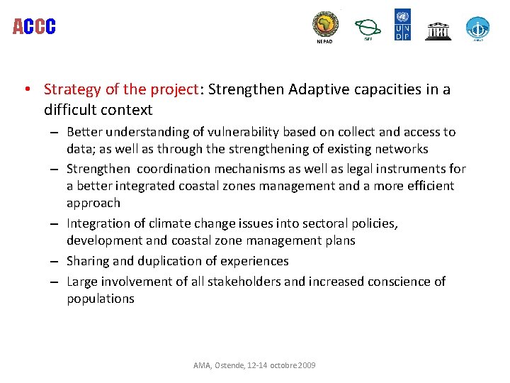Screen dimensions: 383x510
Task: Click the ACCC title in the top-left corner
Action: click(x=34, y=27)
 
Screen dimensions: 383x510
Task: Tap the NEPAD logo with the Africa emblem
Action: click(x=326, y=25)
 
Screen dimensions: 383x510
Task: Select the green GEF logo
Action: click(x=367, y=28)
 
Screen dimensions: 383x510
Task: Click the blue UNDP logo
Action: click(x=402, y=24)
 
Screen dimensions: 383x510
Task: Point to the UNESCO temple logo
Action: click(x=438, y=30)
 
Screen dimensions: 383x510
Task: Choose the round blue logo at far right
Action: click(x=477, y=28)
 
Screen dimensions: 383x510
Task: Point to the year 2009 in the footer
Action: click(x=307, y=365)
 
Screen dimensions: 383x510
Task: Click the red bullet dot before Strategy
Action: click(x=26, y=90)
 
